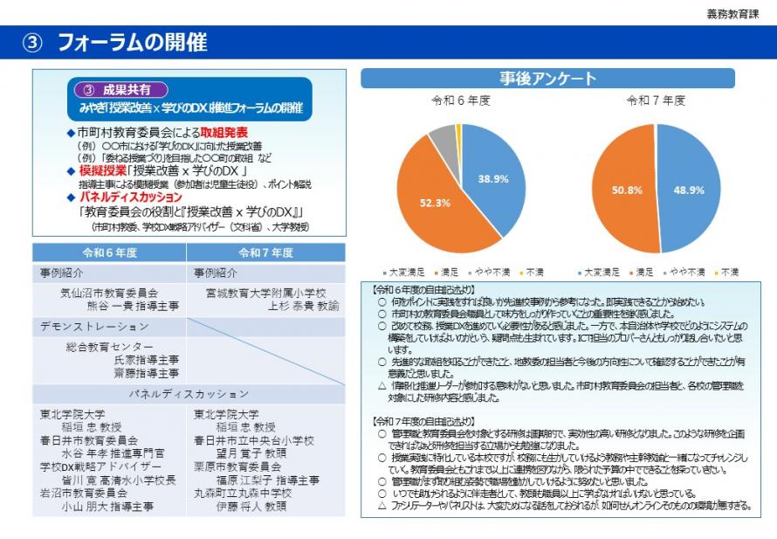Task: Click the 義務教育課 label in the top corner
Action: pyautogui.click(x=737, y=14)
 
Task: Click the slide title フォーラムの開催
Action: pyautogui.click(x=132, y=42)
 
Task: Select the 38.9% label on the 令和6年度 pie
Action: pyautogui.click(x=493, y=179)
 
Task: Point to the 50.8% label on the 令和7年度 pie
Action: pyautogui.click(x=627, y=190)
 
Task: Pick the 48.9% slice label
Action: pyautogui.click(x=689, y=190)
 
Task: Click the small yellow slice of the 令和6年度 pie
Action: pyautogui.click(x=457, y=131)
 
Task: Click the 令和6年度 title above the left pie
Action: pyautogui.click(x=461, y=101)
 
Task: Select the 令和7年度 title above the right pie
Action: pyautogui.click(x=657, y=101)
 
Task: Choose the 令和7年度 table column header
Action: pyautogui.click(x=265, y=252)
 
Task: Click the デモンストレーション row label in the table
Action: pyautogui.click(x=95, y=327)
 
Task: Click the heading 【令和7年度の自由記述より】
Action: pyautogui.click(x=424, y=420)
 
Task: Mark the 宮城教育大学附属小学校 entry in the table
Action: pyautogui.click(x=266, y=294)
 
